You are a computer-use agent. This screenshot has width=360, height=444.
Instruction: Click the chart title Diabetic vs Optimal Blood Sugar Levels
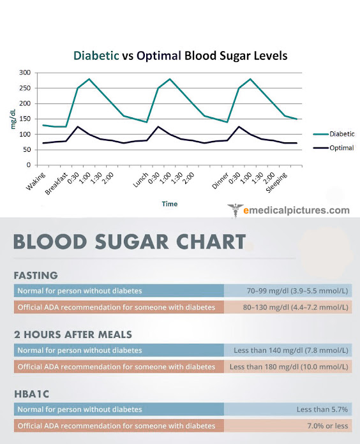click(180, 56)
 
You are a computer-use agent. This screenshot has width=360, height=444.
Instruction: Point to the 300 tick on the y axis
click(23, 73)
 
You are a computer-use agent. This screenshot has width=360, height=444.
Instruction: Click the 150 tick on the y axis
click(23, 119)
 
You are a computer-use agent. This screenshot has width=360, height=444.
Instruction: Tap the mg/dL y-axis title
click(13, 119)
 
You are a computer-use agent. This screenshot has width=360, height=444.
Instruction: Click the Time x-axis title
click(170, 204)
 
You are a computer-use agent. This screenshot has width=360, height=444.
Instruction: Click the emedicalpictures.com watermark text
click(296, 210)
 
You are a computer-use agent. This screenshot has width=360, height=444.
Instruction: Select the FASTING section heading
click(36, 276)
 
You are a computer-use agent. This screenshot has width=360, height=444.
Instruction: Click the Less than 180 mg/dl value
click(289, 367)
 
